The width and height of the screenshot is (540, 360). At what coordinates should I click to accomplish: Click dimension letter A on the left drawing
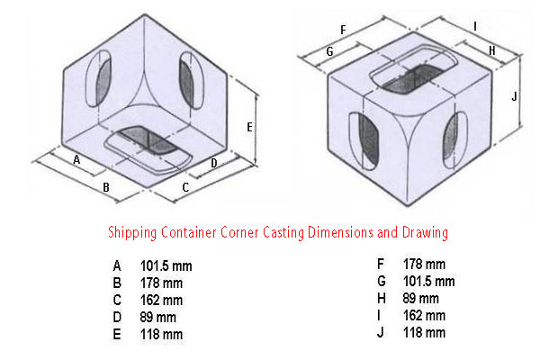click(x=76, y=159)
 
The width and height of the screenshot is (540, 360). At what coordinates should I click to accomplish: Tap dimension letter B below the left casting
click(x=106, y=187)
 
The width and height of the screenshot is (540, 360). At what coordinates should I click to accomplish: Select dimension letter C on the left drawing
click(x=185, y=188)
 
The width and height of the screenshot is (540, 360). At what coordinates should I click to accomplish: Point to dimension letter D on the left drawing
click(x=214, y=163)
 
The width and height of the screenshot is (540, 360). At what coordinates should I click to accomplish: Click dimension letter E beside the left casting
click(x=249, y=128)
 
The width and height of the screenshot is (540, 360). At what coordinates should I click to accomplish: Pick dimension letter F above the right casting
click(x=343, y=31)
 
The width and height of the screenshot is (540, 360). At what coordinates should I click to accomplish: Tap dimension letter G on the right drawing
click(x=329, y=51)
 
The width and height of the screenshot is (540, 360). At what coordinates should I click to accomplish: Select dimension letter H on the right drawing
click(x=492, y=51)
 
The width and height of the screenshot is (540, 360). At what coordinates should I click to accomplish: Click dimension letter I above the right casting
click(x=475, y=26)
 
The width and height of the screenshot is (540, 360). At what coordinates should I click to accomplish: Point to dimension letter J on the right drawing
click(x=514, y=96)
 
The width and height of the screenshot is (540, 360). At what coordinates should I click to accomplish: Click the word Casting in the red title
click(x=283, y=232)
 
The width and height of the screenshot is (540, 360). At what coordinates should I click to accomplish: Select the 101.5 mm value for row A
click(x=166, y=266)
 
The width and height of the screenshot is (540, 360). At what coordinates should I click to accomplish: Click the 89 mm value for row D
click(x=157, y=318)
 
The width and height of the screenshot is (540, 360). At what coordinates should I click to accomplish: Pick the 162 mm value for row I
click(x=424, y=316)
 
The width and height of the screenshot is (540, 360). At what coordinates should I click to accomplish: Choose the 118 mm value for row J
click(x=424, y=333)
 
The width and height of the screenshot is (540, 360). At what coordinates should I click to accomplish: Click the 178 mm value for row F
click(x=424, y=265)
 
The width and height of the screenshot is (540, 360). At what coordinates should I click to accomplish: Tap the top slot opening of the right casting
click(x=414, y=78)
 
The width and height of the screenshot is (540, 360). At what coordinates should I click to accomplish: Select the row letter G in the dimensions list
click(x=382, y=282)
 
